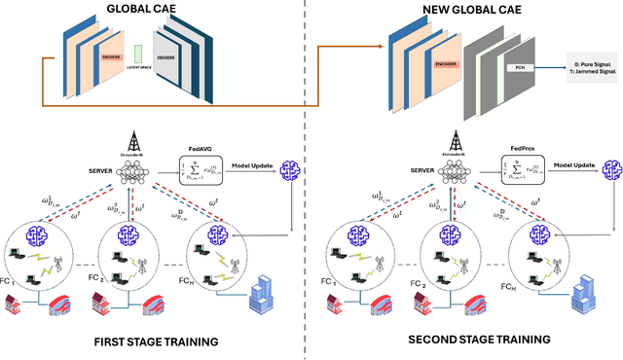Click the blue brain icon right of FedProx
pos(610,169)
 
